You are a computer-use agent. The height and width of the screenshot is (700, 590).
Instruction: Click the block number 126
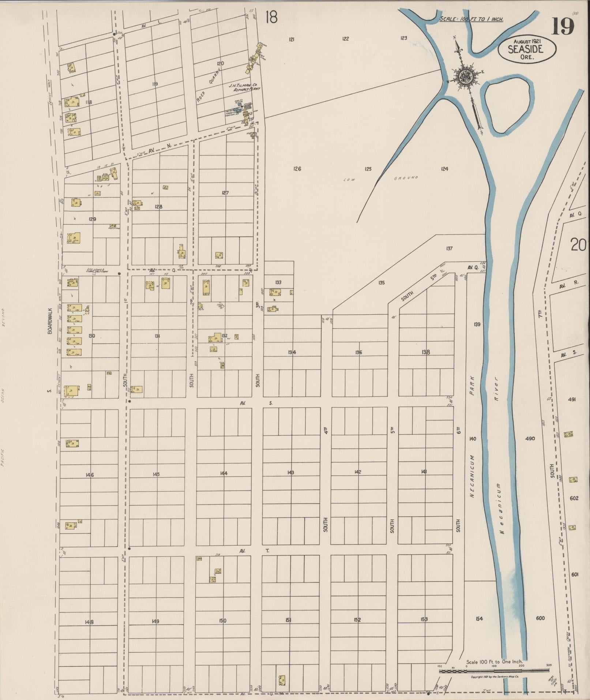[297, 169]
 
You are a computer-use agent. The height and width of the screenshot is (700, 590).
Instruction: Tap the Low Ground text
[380, 179]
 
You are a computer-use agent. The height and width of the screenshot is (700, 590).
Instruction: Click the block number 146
[90, 475]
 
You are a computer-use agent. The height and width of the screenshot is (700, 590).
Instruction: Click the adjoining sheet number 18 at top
[271, 17]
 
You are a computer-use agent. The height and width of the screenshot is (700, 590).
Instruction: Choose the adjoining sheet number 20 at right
[578, 245]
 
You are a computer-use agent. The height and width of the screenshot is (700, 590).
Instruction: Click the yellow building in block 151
[282, 680]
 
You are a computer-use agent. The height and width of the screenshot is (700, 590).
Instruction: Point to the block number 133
[278, 282]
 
